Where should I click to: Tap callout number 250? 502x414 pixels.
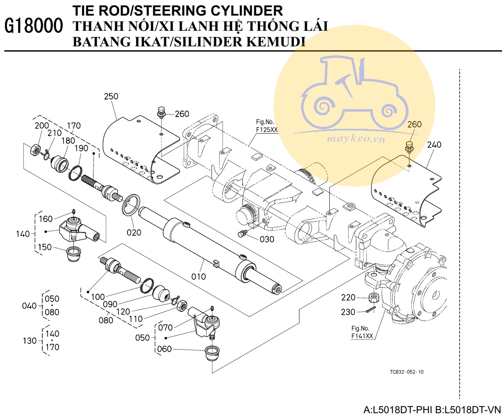pos(111,96)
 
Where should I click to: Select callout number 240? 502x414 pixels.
pos(434,144)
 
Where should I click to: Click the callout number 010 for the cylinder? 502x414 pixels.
pos(199,277)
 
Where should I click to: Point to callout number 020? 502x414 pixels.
pos(134,232)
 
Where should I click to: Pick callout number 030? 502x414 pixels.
pos(267,239)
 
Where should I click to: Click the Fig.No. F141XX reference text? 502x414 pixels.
pos(362,332)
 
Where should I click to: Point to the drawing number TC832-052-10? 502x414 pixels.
pos(407,372)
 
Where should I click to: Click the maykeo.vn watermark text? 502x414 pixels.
pos(356,139)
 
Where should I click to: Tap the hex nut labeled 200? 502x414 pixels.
pos(36,150)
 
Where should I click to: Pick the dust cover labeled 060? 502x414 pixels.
pos(212,352)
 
